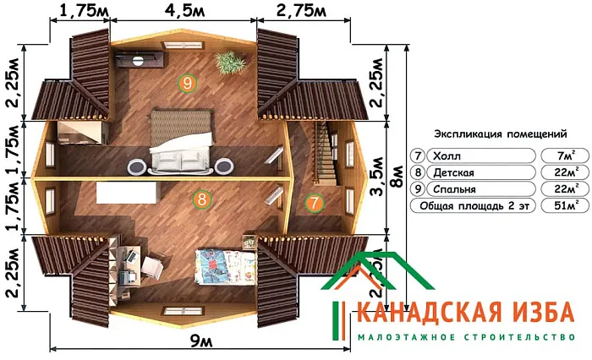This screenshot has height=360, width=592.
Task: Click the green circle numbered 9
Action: pyautogui.click(x=187, y=82)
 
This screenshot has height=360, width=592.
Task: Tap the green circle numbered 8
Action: pyautogui.click(x=201, y=199)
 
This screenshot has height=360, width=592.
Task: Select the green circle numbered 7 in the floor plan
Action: pyautogui.click(x=314, y=203)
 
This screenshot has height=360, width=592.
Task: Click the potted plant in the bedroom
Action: pyautogui.click(x=227, y=62)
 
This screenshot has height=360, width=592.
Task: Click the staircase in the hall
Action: pyautogui.click(x=324, y=152)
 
